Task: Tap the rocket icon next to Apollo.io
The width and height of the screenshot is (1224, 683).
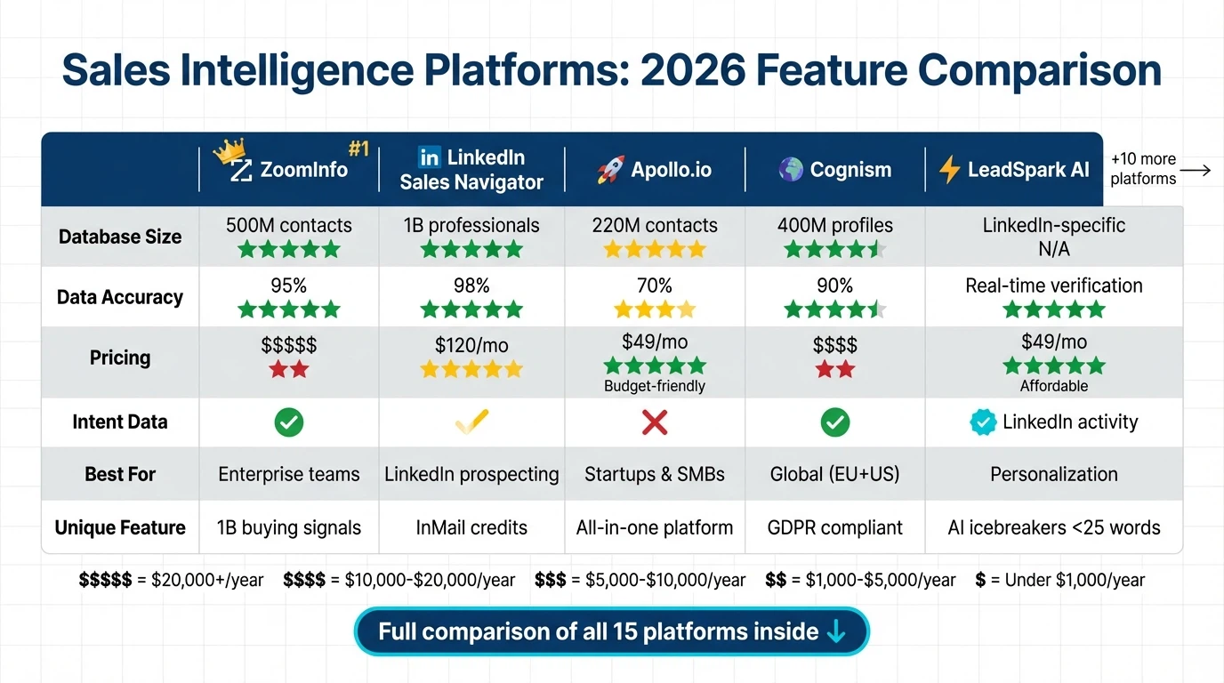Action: [610, 170]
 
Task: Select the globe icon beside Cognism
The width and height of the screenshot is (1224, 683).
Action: [791, 169]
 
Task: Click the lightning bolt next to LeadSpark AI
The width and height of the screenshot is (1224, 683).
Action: [949, 169]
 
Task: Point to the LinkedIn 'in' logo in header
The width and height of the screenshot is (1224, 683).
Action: [430, 157]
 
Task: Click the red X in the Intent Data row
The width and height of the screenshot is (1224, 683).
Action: [655, 422]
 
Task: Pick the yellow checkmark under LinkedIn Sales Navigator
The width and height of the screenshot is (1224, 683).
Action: [471, 422]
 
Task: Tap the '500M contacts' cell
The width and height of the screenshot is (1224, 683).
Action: [289, 226]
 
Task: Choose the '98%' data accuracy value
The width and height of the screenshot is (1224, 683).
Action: [471, 285]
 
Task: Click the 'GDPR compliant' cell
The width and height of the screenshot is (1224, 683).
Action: [834, 527]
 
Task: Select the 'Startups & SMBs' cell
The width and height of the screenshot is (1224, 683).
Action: [655, 474]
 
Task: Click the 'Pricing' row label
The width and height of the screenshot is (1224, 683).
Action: [120, 358]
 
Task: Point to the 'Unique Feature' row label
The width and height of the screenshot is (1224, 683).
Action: [120, 527]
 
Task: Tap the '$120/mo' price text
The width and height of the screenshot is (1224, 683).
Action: [471, 345]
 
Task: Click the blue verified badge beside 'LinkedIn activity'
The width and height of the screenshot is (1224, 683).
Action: [983, 422]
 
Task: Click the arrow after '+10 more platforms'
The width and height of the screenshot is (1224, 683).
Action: [1196, 170]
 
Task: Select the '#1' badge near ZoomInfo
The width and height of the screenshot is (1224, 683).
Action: [358, 149]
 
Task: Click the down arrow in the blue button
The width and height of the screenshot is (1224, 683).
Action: [836, 631]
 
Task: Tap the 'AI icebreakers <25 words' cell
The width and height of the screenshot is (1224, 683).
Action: [1054, 527]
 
